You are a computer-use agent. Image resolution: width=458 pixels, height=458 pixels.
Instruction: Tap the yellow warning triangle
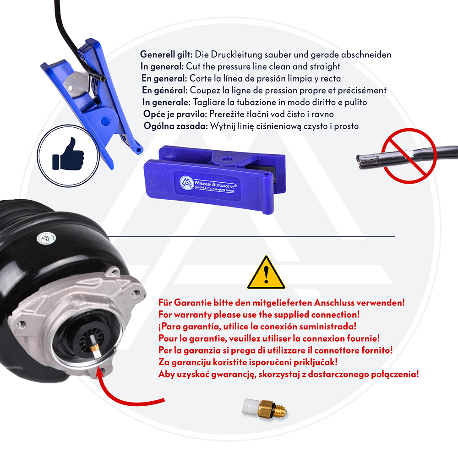tap(266, 273)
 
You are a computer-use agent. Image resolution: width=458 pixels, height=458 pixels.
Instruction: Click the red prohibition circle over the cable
tap(409, 156)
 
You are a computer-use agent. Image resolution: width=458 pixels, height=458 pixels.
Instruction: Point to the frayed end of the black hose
tap(362, 162)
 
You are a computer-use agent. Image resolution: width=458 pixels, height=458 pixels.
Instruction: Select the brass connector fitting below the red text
tap(265, 408)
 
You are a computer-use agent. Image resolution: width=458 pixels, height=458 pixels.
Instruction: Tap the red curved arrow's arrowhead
tap(101, 375)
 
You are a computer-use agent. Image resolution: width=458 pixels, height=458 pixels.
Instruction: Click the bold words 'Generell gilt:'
tap(166, 55)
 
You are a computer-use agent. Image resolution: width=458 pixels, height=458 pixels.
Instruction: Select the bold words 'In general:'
tap(162, 66)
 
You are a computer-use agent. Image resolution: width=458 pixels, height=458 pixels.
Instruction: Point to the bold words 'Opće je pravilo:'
tap(175, 114)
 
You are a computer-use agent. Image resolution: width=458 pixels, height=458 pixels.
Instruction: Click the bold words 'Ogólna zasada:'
tap(176, 126)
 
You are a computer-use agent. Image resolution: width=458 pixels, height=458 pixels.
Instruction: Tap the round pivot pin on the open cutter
tap(105, 120)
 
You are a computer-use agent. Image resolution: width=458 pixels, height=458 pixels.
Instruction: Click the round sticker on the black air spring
tap(46, 239)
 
